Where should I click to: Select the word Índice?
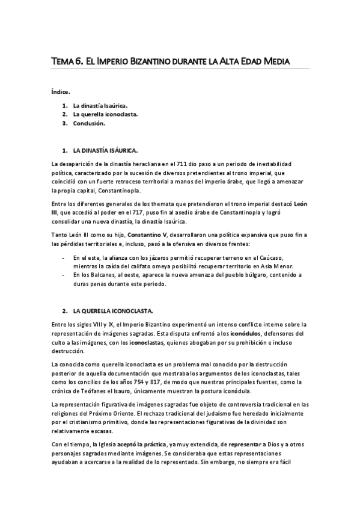(x=61, y=92)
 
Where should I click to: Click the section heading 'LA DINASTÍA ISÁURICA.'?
(x=105, y=149)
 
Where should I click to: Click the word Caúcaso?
(x=272, y=257)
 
